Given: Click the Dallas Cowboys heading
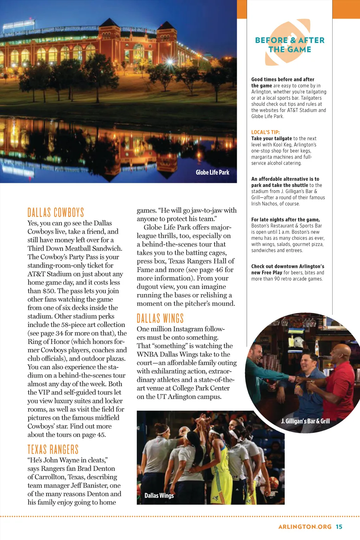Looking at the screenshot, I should [x=56, y=212].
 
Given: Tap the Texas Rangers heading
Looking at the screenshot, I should [x=53, y=449].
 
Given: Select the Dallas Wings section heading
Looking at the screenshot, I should [x=160, y=319].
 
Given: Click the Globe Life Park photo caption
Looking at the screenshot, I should [x=212, y=172].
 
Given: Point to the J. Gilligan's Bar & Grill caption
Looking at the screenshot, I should [x=305, y=421].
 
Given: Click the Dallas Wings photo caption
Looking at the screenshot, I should [x=159, y=495].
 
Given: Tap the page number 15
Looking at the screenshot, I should [x=339, y=527].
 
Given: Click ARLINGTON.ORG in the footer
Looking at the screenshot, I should [x=305, y=527].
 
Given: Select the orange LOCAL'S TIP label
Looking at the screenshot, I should [x=265, y=132].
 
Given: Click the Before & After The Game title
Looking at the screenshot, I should [x=290, y=45].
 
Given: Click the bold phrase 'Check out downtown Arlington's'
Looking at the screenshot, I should [x=288, y=266].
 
